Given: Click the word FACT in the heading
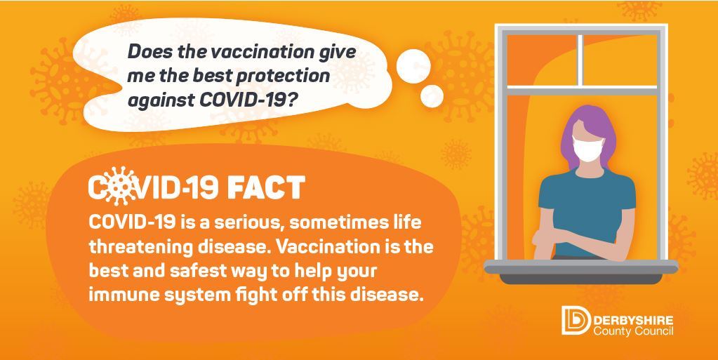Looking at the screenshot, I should point(267,187).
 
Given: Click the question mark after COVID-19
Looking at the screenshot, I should point(297,100).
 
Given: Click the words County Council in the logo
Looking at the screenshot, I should point(632,330).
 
